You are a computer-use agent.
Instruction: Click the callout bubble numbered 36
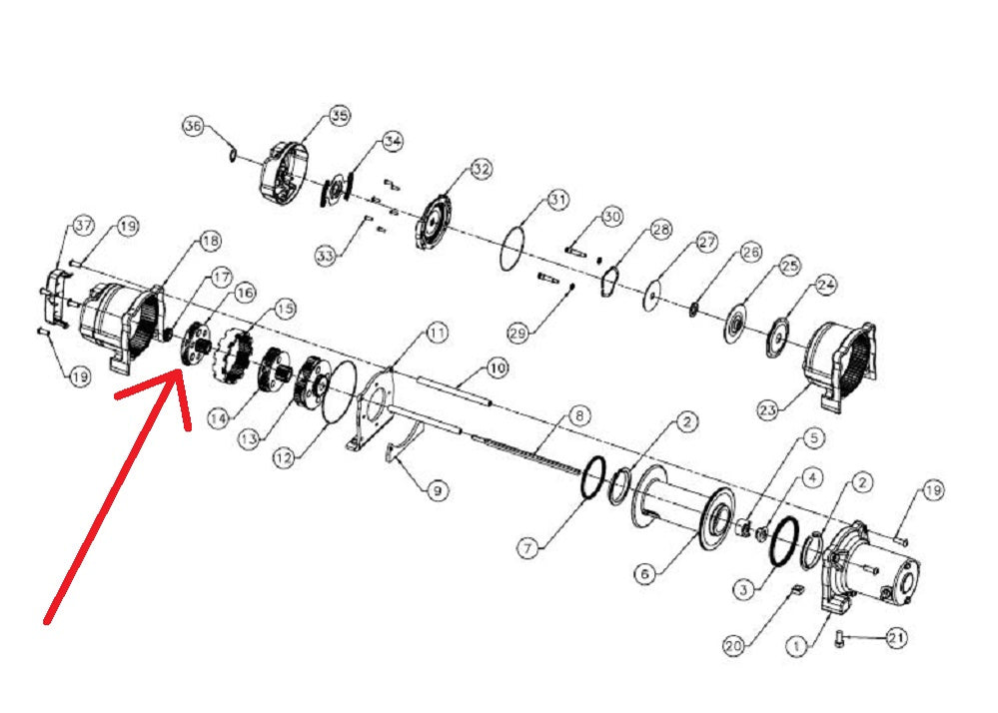click(193, 126)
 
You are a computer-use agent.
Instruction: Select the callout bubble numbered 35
click(340, 116)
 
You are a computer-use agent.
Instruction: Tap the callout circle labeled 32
click(482, 169)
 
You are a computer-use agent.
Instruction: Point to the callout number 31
click(557, 200)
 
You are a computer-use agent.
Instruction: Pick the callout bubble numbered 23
click(768, 410)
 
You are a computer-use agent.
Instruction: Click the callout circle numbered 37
click(83, 226)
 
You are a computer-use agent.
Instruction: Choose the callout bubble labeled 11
click(437, 332)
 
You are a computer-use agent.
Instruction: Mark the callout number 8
click(578, 416)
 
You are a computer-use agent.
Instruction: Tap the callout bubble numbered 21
click(896, 637)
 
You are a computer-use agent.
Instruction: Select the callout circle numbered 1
click(796, 647)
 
